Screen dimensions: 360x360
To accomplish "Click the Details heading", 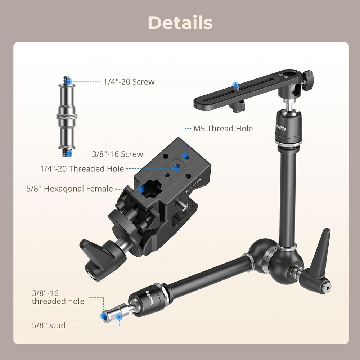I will pos(180,22).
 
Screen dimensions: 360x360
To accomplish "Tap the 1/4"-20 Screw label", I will pos(129,82).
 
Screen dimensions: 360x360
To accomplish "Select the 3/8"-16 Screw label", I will pos(117,154).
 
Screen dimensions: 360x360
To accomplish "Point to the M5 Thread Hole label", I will pos(223,129).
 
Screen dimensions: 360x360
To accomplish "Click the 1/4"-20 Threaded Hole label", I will pos(82,168).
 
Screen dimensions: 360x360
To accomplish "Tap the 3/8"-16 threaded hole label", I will pos(58,297).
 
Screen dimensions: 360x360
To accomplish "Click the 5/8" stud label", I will pos(49,325).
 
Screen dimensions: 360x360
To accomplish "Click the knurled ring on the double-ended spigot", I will pos(67,117).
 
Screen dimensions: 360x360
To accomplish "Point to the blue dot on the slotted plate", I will pos(236,85).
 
